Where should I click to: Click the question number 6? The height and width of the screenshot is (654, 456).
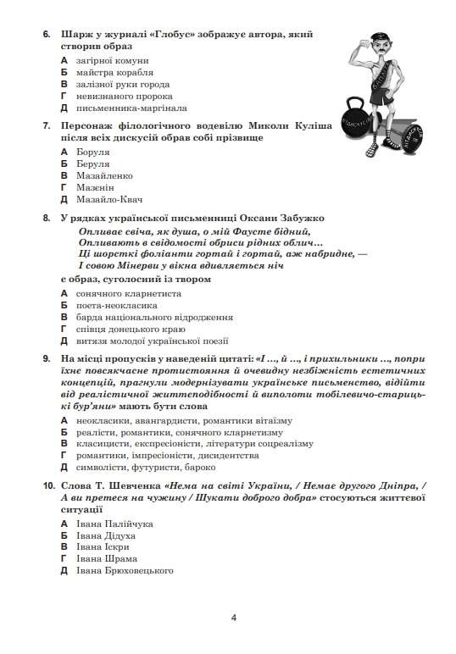[46, 35]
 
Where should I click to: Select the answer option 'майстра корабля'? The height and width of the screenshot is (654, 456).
[114, 73]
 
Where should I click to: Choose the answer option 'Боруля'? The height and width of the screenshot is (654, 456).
[93, 152]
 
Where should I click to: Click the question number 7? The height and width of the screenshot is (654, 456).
[46, 125]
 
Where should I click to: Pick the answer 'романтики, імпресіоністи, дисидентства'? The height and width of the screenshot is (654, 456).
[168, 455]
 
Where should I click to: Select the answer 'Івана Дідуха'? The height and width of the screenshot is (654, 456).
[105, 535]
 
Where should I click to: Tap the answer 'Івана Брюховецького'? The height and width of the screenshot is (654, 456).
[125, 571]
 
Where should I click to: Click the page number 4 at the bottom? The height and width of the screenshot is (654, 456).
[233, 616]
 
